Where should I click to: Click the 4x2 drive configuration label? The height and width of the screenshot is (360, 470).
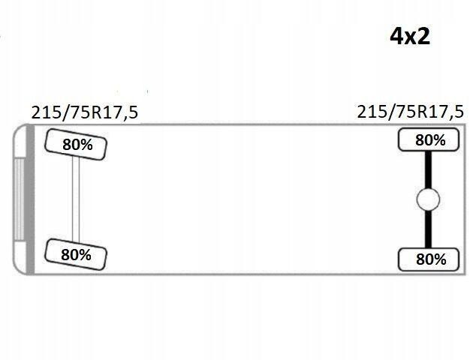click(410, 36)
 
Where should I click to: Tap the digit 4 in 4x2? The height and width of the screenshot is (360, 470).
click(396, 36)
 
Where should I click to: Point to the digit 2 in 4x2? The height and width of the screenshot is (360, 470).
click(423, 36)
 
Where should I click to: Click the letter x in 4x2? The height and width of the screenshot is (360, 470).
click(410, 38)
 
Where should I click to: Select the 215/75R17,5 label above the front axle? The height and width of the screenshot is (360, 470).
click(85, 113)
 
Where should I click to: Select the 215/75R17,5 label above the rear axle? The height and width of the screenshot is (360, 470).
click(411, 112)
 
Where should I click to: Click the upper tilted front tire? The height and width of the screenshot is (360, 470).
click(76, 144)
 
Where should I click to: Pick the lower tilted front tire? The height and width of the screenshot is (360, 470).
click(76, 254)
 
